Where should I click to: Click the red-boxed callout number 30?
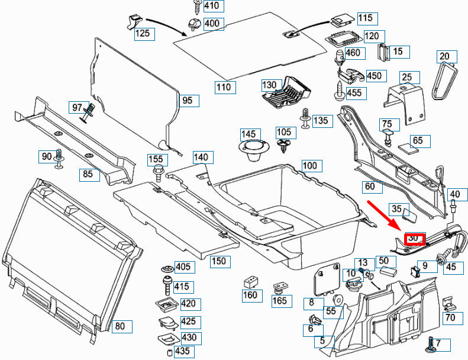tap(415, 239)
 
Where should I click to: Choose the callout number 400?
tap(212, 24)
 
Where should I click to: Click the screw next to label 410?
tap(196, 7)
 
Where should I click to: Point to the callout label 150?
tap(220, 261)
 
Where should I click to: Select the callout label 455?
tap(354, 93)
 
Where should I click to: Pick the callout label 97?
tap(78, 108)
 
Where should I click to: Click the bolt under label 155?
tap(158, 173)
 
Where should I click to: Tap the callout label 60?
tap(370, 187)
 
